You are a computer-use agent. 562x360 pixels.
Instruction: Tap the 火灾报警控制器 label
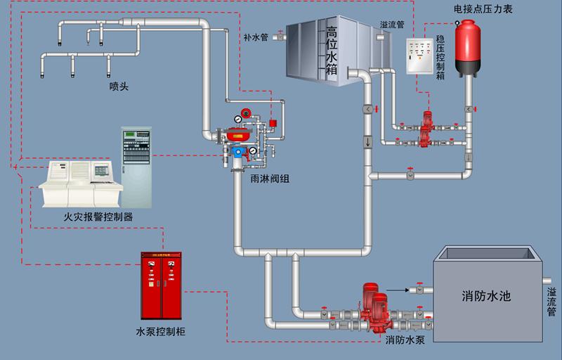point(98,217)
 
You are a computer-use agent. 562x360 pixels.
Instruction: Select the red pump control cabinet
point(162,285)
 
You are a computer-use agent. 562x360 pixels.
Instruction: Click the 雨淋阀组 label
point(270,179)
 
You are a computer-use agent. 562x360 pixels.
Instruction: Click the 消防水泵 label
point(405,340)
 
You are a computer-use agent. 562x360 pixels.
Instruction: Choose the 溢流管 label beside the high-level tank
point(391,25)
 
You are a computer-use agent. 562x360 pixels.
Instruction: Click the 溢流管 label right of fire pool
point(552,300)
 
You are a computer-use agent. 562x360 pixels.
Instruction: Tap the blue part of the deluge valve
point(238,150)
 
